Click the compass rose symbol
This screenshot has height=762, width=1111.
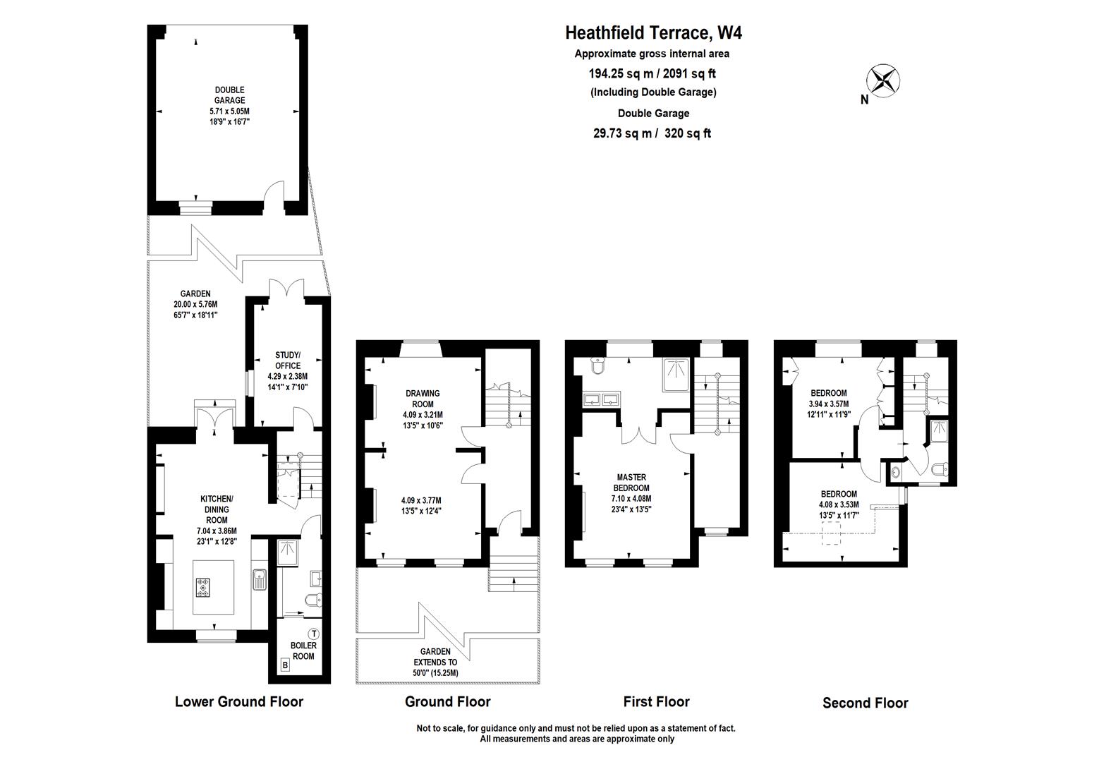(882, 80)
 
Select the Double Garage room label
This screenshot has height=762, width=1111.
(229, 95)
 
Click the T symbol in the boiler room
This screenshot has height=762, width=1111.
(314, 634)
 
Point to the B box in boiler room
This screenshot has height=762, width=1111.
(285, 664)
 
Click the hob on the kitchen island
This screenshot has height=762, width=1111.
(205, 588)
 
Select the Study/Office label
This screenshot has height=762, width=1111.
(288, 360)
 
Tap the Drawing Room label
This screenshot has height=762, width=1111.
(423, 399)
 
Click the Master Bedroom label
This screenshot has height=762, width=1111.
(631, 483)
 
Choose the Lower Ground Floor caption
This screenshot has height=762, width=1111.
(238, 701)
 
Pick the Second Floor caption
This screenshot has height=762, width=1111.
(865, 703)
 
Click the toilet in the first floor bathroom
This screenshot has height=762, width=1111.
(597, 367)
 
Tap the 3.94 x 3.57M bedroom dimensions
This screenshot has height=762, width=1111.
(828, 404)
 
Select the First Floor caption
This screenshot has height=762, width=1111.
(656, 701)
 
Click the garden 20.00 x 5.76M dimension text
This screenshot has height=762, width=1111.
(195, 305)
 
